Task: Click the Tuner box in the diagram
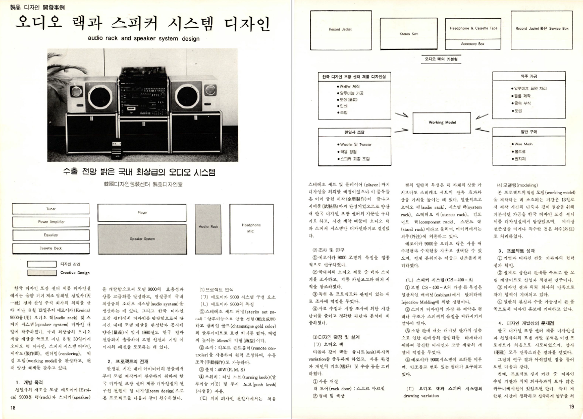[x=51, y=209]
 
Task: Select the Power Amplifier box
[x=51, y=222]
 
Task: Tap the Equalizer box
[x=51, y=235]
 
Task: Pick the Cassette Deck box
[x=51, y=248]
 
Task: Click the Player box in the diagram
[x=142, y=213]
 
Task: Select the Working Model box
[x=442, y=123]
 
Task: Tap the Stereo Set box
[x=408, y=34]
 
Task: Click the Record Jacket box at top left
[x=340, y=29]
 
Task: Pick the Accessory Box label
[x=473, y=44]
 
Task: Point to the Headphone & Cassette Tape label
[x=473, y=28]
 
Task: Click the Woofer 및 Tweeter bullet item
[x=356, y=145]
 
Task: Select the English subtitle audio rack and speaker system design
[x=141, y=38]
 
